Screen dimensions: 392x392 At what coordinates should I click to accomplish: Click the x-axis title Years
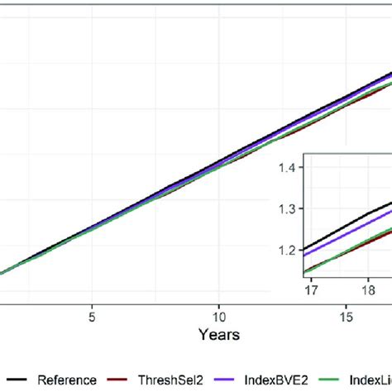(x=218, y=334)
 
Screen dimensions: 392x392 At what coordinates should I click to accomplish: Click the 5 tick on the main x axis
(x=93, y=316)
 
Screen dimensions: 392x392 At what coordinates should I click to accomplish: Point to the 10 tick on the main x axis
(x=218, y=316)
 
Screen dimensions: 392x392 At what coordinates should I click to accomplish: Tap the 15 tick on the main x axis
(x=346, y=316)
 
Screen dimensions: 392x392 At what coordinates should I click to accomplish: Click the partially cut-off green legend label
(x=373, y=380)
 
